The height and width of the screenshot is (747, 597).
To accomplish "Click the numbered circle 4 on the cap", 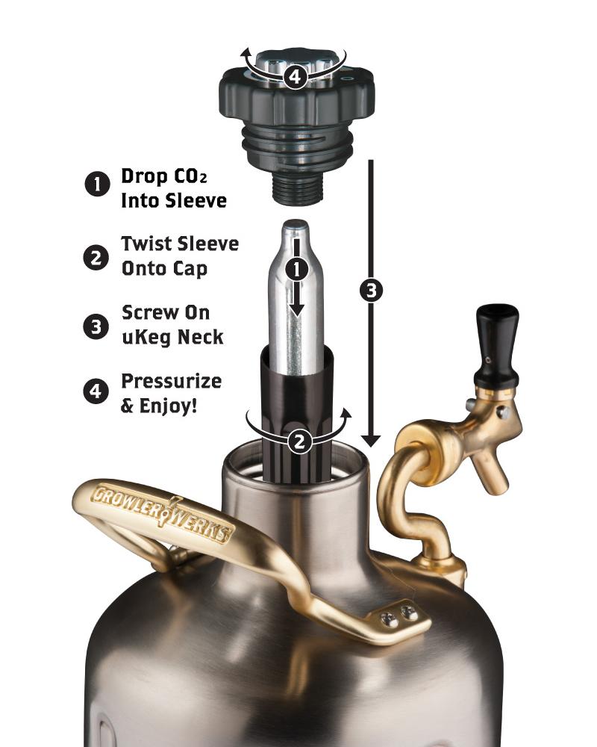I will coord(296,76).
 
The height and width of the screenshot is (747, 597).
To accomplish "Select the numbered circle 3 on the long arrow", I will coord(371,291).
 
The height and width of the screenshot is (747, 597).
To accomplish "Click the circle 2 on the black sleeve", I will coord(299,441).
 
